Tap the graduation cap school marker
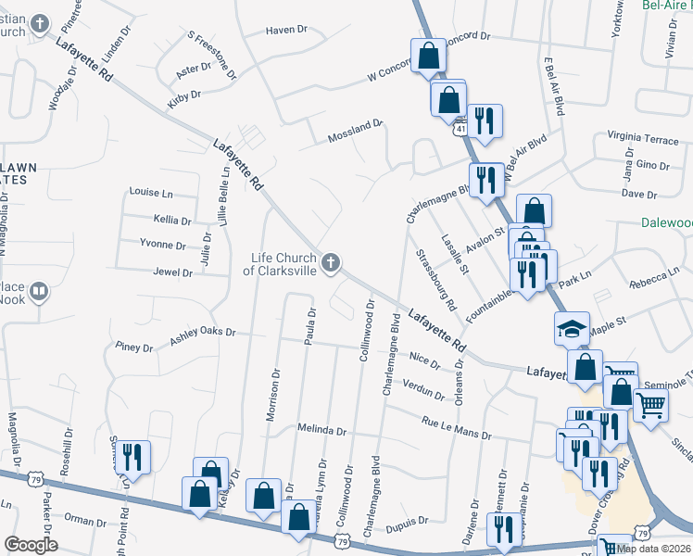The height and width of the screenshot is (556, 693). [x=572, y=328]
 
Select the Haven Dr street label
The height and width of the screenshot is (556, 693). [x=286, y=30]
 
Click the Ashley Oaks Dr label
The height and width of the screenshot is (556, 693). [x=203, y=336]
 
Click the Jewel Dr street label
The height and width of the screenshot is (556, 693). [x=173, y=272]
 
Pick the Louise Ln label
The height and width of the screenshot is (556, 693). [x=152, y=193]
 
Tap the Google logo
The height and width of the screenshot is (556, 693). [x=31, y=545]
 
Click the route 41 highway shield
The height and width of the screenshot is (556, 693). [x=460, y=129]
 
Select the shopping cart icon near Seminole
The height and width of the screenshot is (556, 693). [x=650, y=404]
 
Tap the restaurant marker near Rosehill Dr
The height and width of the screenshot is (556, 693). [x=132, y=457]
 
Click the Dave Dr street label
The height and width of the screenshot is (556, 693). [x=638, y=194]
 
